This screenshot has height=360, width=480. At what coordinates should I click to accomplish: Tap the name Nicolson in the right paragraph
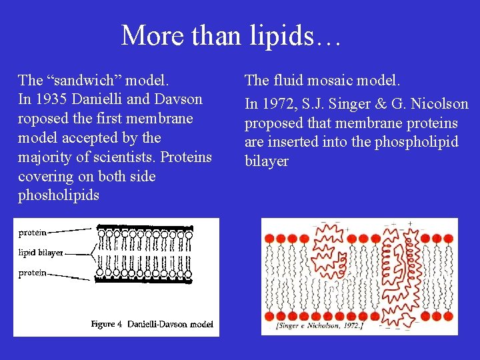tap(442, 104)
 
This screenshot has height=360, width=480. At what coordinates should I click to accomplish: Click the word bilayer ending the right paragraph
tap(267, 162)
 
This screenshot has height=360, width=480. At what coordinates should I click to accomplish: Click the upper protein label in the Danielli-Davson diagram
tap(32, 233)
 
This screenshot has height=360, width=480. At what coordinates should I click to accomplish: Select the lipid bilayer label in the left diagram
tap(41, 253)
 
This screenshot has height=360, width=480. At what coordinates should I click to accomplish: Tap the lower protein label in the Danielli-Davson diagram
tap(32, 273)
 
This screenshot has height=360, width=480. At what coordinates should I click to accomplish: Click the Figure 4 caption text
tap(152, 324)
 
